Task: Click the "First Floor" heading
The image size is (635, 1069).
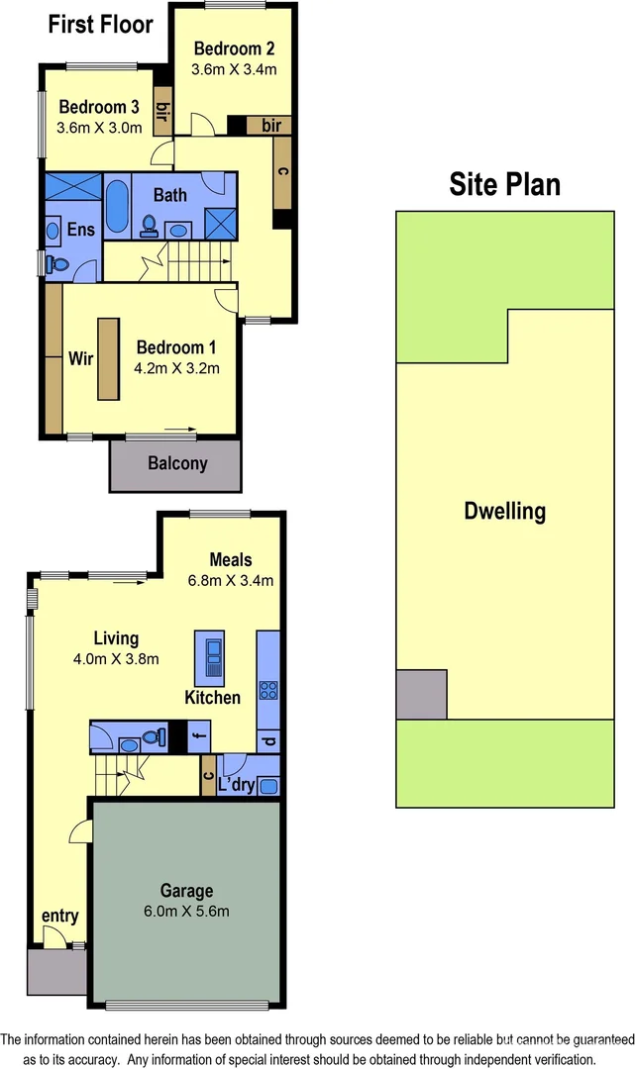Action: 101,25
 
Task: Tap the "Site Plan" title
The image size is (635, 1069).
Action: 504,184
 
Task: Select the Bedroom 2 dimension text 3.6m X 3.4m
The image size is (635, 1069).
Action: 234,69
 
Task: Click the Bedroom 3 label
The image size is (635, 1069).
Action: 98,107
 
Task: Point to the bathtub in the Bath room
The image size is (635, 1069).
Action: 116,206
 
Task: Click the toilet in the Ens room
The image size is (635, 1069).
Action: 56,264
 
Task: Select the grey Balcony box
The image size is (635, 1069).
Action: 175,463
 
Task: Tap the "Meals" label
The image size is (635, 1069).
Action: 230,560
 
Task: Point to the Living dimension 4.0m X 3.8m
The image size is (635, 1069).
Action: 116,658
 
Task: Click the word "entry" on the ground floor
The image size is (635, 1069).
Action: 59,916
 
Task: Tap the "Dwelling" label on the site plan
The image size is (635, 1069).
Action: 504,512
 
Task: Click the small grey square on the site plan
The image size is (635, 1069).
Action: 422,694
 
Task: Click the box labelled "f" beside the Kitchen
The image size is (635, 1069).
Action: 198,737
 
